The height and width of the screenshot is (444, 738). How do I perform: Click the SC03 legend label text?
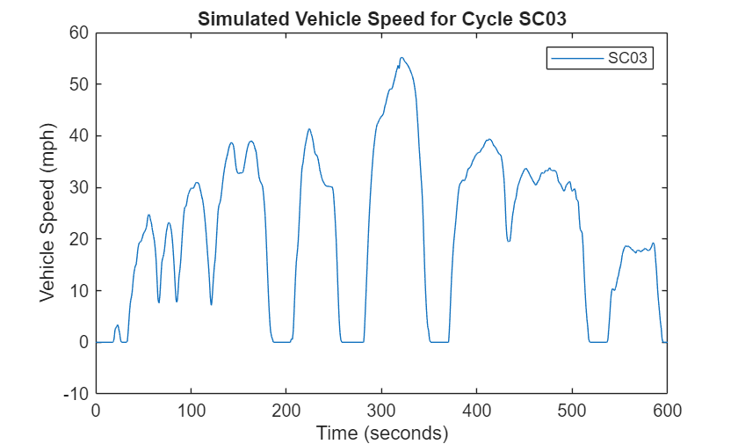[x=631, y=59]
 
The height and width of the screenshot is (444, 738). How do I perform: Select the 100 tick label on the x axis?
[x=191, y=410]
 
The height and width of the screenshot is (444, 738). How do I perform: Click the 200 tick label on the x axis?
[x=286, y=410]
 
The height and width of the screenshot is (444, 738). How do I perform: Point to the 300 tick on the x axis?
[x=381, y=410]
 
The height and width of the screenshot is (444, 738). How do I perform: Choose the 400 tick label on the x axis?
[x=477, y=410]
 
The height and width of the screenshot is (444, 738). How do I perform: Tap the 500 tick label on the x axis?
[x=572, y=410]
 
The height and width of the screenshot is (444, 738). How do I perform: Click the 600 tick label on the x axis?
[x=667, y=410]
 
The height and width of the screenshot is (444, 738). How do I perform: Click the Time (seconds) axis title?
[x=381, y=432]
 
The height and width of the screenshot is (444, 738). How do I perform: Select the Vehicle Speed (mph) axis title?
[x=47, y=213]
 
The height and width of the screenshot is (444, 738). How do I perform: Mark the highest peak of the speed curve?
[x=402, y=58]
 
